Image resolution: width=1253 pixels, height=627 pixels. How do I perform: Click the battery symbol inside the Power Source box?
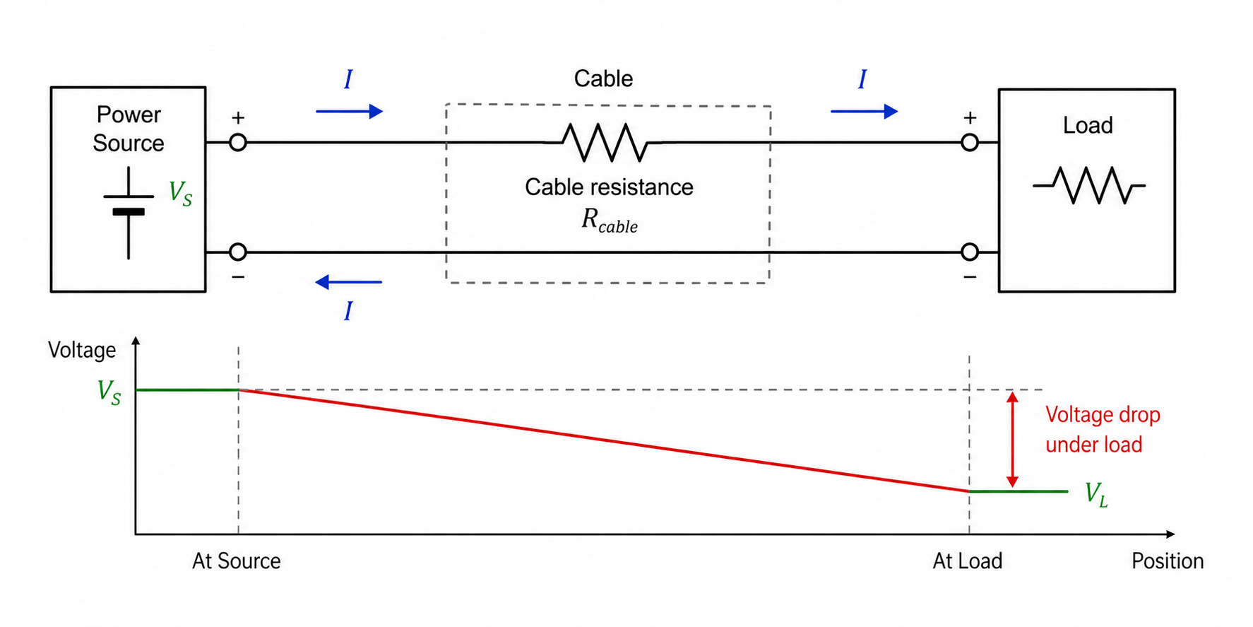pyautogui.click(x=129, y=212)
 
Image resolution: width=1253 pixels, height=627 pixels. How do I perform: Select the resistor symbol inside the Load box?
pyautogui.click(x=1088, y=185)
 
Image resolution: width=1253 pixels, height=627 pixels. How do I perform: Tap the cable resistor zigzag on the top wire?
pyautogui.click(x=606, y=142)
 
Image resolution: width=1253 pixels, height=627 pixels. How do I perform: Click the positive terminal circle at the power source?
pyautogui.click(x=238, y=143)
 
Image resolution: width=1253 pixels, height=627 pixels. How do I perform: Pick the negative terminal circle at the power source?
pyautogui.click(x=238, y=252)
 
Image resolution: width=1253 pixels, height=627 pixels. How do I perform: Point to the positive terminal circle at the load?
pyautogui.click(x=970, y=143)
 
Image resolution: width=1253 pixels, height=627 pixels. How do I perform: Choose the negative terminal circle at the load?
pyautogui.click(x=970, y=252)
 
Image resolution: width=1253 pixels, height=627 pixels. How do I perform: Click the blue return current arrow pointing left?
pyautogui.click(x=348, y=282)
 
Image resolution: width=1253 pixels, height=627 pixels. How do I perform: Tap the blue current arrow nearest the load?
pyautogui.click(x=864, y=111)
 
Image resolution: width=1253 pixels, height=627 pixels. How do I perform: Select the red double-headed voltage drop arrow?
pyautogui.click(x=1012, y=440)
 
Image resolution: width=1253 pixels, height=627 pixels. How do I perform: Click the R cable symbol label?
pyautogui.click(x=609, y=221)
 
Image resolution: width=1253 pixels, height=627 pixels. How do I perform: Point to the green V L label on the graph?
pyautogui.click(x=1095, y=494)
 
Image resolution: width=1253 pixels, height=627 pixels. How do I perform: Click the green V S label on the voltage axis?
pyautogui.click(x=109, y=392)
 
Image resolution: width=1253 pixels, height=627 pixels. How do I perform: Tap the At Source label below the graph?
pyautogui.click(x=236, y=561)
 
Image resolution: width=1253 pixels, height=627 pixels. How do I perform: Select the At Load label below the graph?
pyautogui.click(x=967, y=561)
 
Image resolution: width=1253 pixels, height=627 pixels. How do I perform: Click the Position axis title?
pyautogui.click(x=1167, y=561)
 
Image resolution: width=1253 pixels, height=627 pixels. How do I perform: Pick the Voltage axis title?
pyautogui.click(x=82, y=350)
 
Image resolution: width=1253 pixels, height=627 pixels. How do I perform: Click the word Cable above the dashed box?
pyautogui.click(x=603, y=78)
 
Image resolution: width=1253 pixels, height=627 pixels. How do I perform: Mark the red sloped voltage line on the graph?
pyautogui.click(x=604, y=440)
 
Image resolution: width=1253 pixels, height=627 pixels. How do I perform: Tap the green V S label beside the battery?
pyautogui.click(x=180, y=192)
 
